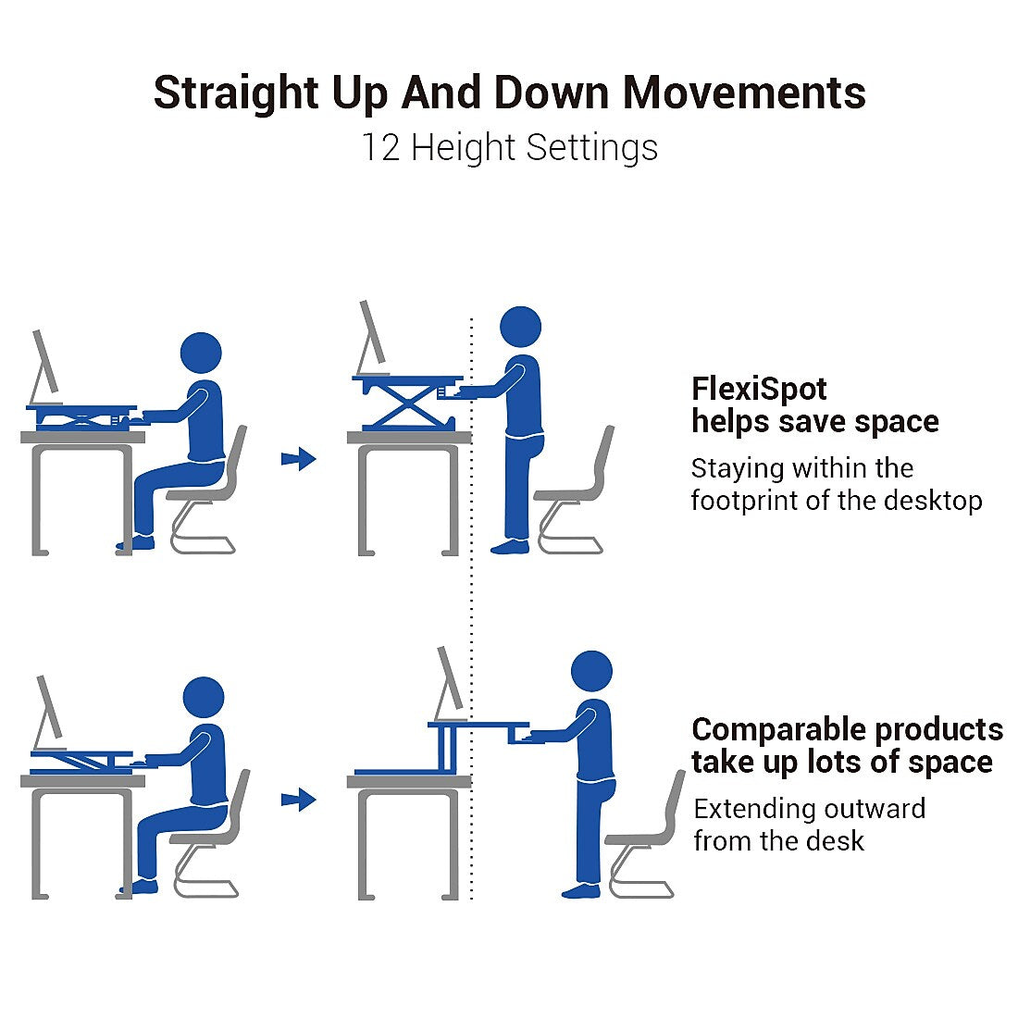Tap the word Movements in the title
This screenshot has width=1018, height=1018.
click(744, 93)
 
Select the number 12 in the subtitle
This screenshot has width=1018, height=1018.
click(379, 147)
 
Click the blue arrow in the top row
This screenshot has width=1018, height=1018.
click(299, 459)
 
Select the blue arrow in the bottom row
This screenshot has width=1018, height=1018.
click(299, 800)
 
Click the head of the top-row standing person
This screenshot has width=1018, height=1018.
click(521, 327)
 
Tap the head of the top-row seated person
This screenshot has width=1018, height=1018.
click(201, 354)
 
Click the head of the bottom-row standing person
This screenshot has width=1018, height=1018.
click(591, 671)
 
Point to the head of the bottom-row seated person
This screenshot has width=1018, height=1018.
click(204, 697)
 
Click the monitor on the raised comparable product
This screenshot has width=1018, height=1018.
click(449, 683)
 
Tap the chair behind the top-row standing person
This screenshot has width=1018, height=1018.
click(574, 494)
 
